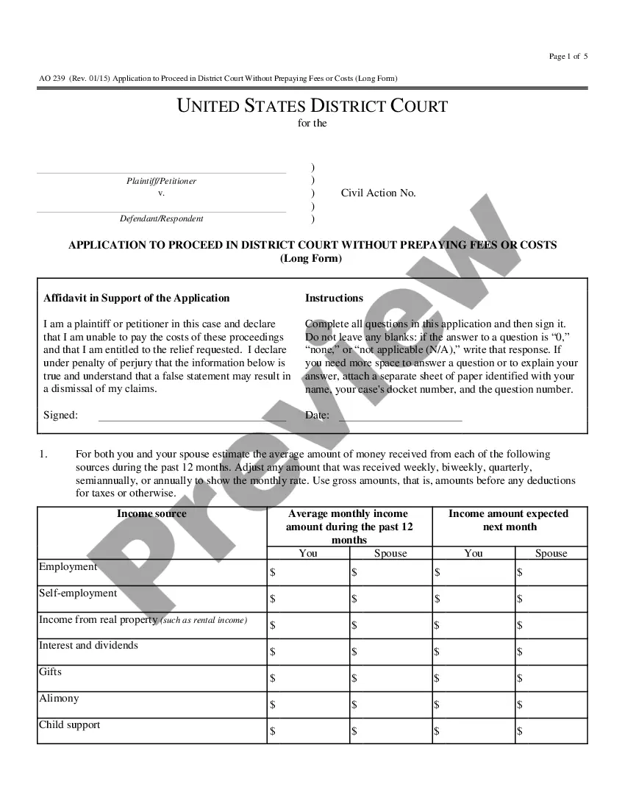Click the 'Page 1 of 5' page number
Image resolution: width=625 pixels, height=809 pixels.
[568, 57]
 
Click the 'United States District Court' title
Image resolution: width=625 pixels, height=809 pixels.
[312, 106]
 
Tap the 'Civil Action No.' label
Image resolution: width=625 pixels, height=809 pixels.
[378, 193]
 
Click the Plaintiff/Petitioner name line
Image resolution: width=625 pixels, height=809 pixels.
[161, 173]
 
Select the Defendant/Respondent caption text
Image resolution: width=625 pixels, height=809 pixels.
[162, 218]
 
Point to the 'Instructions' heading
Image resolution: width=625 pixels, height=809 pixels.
[334, 298]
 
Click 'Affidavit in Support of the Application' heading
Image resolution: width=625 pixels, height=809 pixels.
[137, 298]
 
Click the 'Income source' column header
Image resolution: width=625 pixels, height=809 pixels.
[151, 513]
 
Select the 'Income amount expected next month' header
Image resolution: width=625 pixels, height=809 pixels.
[509, 520]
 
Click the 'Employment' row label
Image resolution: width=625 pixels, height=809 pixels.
[68, 567]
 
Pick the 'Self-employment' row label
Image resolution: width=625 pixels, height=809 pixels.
[78, 594]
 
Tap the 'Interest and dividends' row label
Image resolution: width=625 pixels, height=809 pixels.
[88, 646]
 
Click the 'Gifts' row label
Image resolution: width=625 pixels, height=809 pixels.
[50, 672]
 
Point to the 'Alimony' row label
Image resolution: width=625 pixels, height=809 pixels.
[59, 699]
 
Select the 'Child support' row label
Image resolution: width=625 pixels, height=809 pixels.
[69, 725]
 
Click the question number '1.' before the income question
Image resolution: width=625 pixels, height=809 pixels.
[43, 455]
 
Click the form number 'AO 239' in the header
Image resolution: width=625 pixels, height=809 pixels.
[52, 79]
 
